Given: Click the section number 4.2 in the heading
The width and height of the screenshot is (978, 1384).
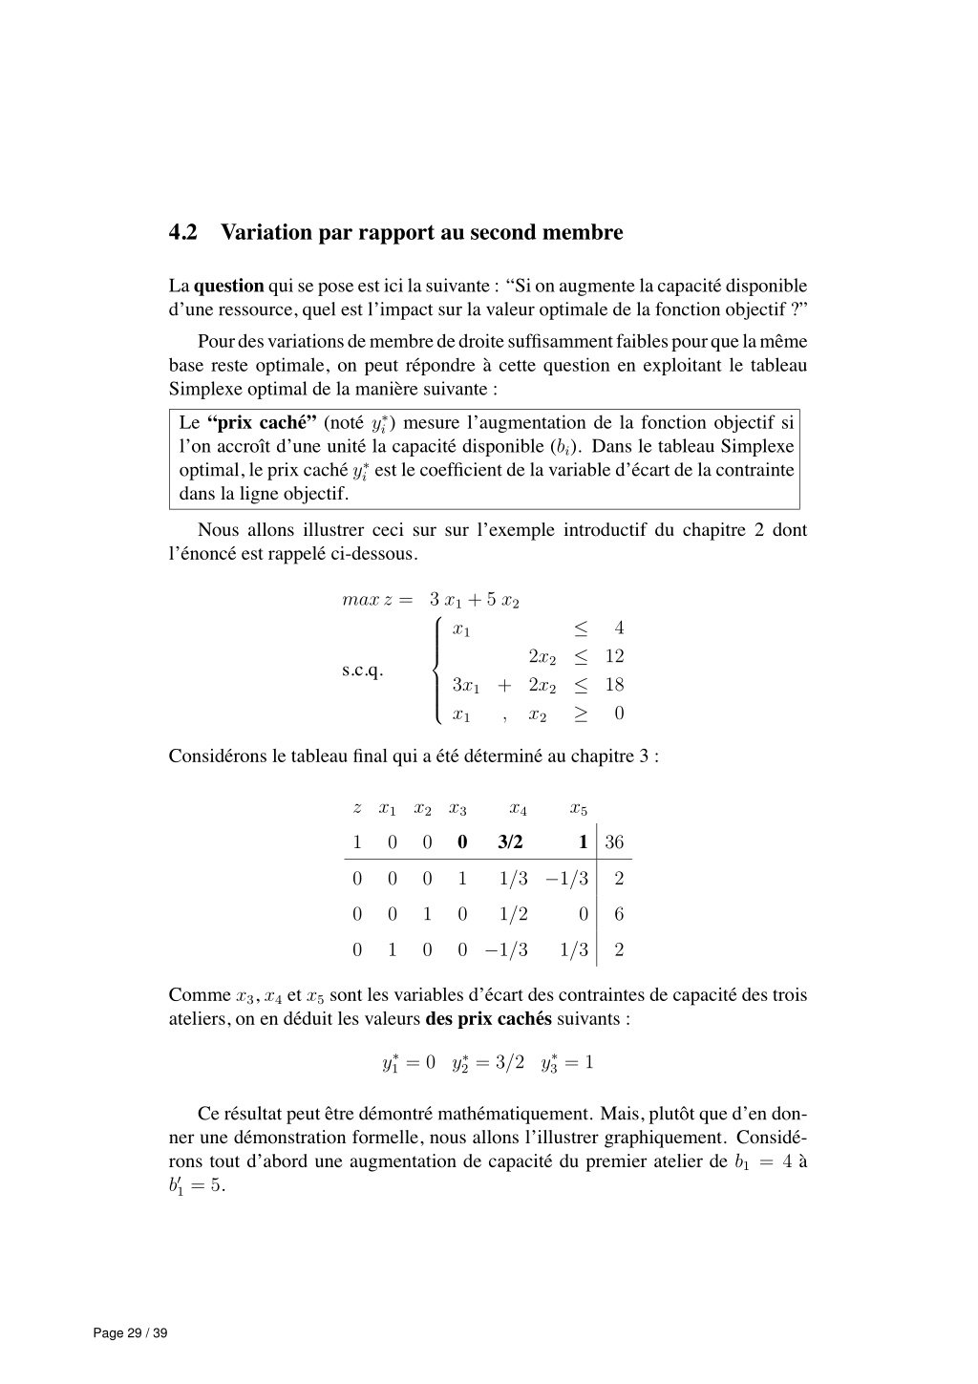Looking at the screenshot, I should point(182,232).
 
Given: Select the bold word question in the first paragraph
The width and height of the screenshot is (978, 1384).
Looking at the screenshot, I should point(228,286).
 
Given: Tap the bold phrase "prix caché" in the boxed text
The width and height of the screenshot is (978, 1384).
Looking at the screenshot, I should point(262,423).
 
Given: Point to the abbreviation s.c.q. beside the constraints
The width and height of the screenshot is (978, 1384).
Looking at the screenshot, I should point(362,670).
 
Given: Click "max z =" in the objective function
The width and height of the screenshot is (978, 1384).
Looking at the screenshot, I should point(376,600).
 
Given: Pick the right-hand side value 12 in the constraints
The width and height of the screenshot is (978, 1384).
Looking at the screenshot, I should point(614,656).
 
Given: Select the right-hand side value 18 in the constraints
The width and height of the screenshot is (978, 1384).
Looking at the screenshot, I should point(614,685).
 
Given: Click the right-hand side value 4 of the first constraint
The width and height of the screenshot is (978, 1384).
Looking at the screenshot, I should point(619,628).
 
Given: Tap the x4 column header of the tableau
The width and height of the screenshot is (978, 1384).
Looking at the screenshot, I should point(518,809).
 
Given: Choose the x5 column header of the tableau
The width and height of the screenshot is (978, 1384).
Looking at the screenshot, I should point(578,809).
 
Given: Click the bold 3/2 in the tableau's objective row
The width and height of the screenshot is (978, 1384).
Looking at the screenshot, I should point(510,841).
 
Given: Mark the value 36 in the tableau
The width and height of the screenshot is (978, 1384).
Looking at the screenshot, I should point(614,841).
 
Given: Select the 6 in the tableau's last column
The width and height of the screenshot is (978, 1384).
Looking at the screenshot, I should point(619,914).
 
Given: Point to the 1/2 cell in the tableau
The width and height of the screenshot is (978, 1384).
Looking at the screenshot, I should point(513,914).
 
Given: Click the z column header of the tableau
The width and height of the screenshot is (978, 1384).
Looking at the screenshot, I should point(356,809).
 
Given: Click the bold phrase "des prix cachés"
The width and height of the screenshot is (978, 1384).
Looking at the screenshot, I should point(488,1018).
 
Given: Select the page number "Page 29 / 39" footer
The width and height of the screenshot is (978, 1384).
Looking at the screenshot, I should point(130,1333).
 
